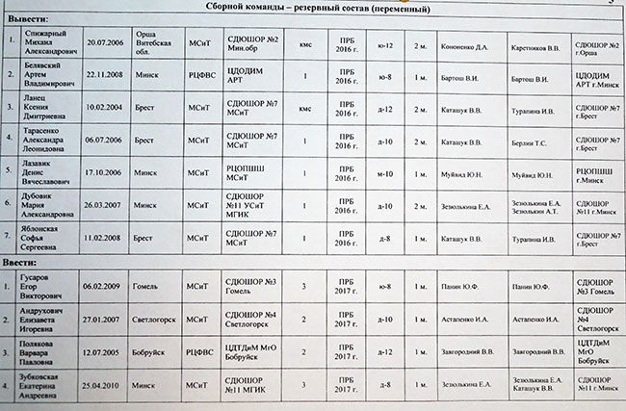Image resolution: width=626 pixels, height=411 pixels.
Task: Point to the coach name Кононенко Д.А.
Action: (465, 44)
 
